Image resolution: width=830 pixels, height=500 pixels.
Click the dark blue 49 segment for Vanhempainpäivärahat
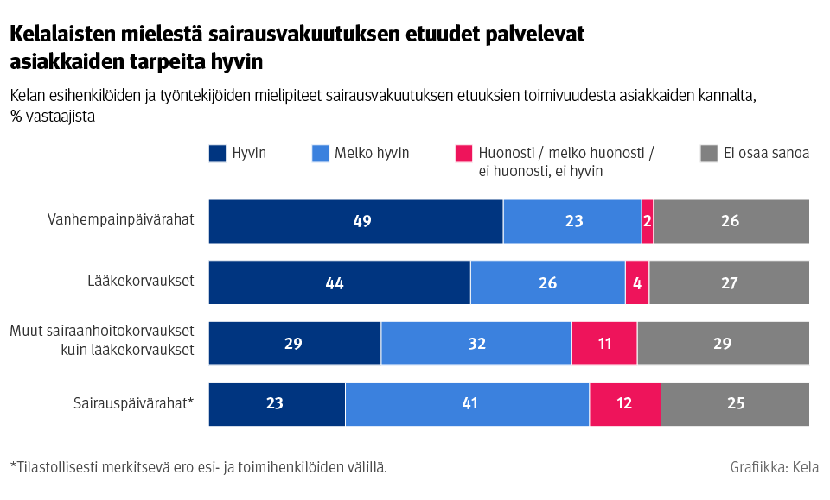[x=355, y=221]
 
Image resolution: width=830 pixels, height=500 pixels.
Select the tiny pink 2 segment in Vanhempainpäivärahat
[x=647, y=221]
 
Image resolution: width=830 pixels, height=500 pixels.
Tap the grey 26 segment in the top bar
[x=731, y=221]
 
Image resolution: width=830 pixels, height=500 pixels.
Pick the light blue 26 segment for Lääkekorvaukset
[x=547, y=282]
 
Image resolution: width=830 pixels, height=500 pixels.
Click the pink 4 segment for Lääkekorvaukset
[x=636, y=282]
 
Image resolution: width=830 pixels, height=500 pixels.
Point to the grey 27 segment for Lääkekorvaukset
[x=729, y=282]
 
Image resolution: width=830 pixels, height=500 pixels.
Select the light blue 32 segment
[x=476, y=344]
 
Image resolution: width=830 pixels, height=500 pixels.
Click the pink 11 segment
[x=603, y=344]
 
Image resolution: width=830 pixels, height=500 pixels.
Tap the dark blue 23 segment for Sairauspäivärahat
[x=277, y=404]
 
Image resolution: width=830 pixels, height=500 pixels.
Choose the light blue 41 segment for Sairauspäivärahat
[x=467, y=404]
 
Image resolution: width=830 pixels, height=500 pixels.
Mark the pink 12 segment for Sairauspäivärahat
[x=624, y=404]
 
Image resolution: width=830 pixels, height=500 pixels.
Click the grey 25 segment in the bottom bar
[x=735, y=404]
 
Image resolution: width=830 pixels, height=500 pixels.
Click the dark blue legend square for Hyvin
[x=217, y=155]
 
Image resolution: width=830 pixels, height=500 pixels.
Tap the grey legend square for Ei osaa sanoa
[x=708, y=155]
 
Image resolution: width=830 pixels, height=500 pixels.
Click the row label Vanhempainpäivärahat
[x=120, y=219]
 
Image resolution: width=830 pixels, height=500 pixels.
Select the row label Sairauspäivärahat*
[x=132, y=402]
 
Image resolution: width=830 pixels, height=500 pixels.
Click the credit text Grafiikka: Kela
[x=774, y=467]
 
